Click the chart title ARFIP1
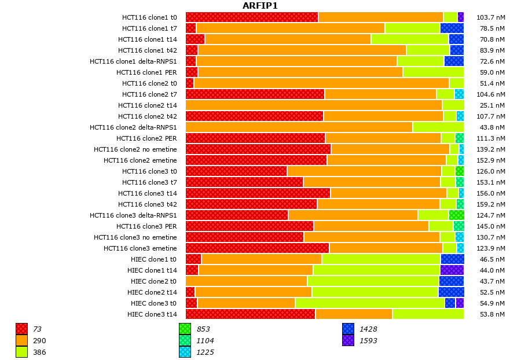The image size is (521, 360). click(260, 6)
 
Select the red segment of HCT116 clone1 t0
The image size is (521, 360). click(252, 17)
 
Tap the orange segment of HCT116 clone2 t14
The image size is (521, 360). click(314, 105)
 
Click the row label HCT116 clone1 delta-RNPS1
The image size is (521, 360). click(133, 61)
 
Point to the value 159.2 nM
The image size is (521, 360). click(492, 204)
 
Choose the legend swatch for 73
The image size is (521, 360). click(21, 329)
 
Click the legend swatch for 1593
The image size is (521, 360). click(348, 341)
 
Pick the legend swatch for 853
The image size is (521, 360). click(185, 329)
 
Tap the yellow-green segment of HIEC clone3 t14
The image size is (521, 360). click(428, 314)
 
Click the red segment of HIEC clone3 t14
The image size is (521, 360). click(250, 314)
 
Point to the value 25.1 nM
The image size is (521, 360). click(492, 105)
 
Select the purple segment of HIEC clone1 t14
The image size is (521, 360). click(452, 270)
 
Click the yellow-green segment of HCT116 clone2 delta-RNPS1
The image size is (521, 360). click(438, 127)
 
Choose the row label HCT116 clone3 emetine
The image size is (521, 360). click(140, 248)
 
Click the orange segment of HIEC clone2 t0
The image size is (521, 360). click(247, 281)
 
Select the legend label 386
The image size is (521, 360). click(39, 352)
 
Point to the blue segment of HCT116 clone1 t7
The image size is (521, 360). click(452, 28)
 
